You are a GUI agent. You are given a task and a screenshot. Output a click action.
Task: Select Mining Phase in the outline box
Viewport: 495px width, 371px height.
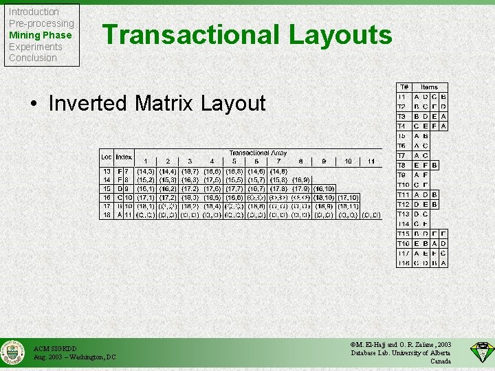[40, 35]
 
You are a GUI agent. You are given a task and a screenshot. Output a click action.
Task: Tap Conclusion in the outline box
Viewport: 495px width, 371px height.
[32, 58]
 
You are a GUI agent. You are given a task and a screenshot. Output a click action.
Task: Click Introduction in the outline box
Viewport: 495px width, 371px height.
[34, 12]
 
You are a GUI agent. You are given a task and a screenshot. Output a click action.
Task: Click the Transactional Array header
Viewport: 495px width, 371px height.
[258, 153]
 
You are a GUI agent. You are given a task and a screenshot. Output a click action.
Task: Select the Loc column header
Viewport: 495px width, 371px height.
[107, 157]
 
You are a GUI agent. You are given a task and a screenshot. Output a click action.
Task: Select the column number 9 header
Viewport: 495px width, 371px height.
[324, 161]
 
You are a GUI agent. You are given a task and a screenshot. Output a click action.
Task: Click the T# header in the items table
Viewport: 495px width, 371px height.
[404, 87]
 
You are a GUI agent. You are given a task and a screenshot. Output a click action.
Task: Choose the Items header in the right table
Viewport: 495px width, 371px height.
[430, 87]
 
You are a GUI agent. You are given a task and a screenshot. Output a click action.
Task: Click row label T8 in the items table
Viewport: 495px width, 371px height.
[404, 165]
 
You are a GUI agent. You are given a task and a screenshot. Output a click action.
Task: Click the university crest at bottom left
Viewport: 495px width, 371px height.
[12, 352]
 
